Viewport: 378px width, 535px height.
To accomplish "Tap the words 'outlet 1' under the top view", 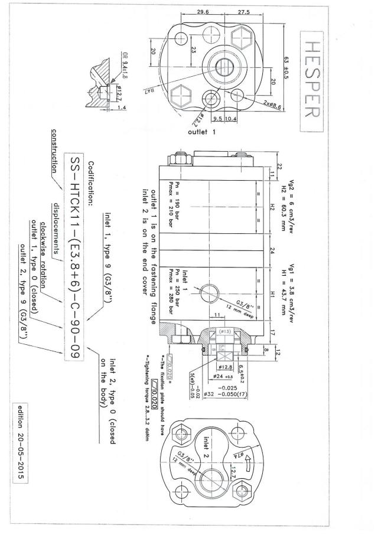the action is (202, 131).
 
